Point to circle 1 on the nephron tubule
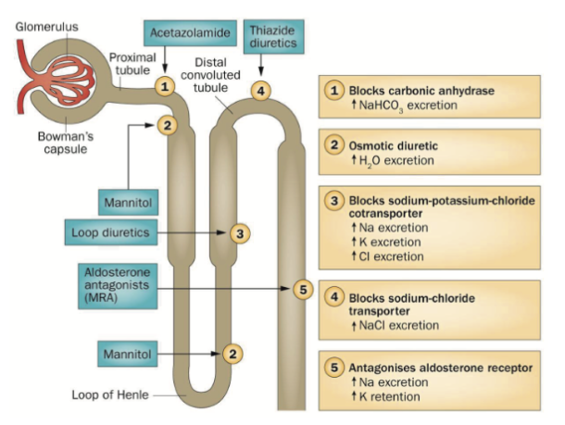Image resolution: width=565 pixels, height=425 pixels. point(165,86)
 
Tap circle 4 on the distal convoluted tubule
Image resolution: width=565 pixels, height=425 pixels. point(262,91)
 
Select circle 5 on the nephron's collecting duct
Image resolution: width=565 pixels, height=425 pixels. point(300,289)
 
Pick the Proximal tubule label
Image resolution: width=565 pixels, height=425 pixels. point(126,62)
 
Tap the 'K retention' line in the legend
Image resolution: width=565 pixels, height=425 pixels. point(382,396)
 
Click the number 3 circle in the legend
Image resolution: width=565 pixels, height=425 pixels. point(333,201)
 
